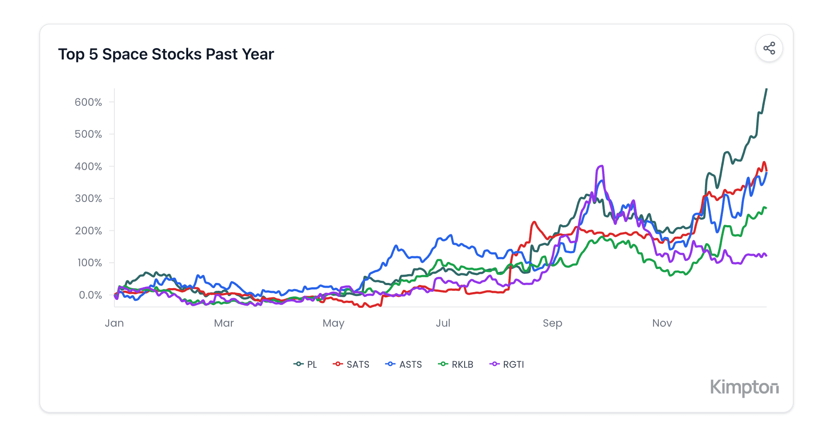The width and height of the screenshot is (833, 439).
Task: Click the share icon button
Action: point(769,48)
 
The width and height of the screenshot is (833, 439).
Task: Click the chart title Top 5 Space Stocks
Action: point(166,54)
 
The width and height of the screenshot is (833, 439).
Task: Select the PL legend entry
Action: point(305,364)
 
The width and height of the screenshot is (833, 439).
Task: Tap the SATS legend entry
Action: point(351,364)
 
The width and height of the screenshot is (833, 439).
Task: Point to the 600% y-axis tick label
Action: point(88,102)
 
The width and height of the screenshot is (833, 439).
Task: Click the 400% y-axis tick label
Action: point(88,167)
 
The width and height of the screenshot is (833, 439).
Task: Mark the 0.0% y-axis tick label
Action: point(90,295)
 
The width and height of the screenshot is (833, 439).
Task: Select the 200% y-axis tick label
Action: point(88,231)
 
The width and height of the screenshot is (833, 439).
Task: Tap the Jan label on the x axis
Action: point(114,323)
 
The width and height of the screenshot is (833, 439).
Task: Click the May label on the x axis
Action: point(334,324)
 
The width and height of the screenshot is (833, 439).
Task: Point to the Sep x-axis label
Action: point(552,324)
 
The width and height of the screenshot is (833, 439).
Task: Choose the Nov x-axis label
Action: point(662,323)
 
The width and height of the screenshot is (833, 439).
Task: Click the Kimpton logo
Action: point(744,387)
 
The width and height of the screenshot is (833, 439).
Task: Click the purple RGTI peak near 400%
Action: point(601,166)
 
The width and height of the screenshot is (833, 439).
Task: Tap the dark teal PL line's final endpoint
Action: point(767,89)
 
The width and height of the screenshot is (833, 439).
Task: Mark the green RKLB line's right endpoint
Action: point(766,208)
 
